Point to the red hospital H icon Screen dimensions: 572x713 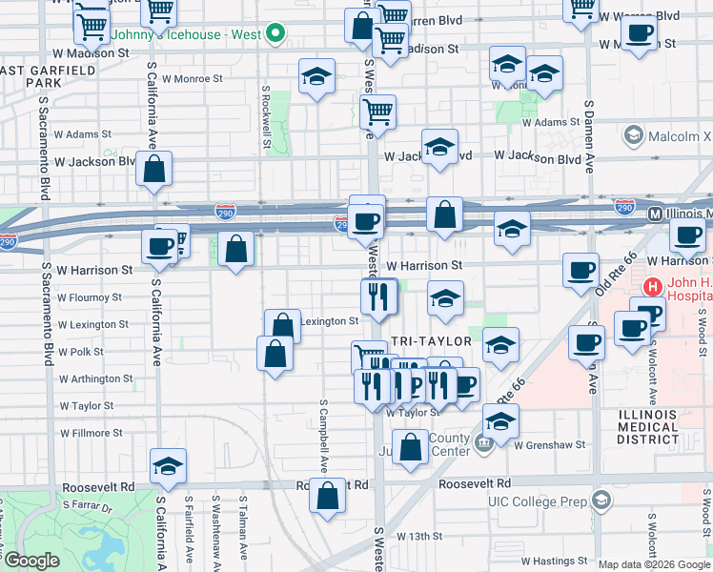point(653,286)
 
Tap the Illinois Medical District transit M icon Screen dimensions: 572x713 point(656,215)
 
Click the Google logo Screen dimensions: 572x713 point(31,561)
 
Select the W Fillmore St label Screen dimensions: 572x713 point(92,433)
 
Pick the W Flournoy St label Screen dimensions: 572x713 point(90,297)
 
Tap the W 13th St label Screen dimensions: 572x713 point(415,537)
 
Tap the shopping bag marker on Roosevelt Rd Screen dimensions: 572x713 point(327,496)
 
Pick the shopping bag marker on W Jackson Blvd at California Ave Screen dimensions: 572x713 point(154,169)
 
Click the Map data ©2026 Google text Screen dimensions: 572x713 point(653,564)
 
